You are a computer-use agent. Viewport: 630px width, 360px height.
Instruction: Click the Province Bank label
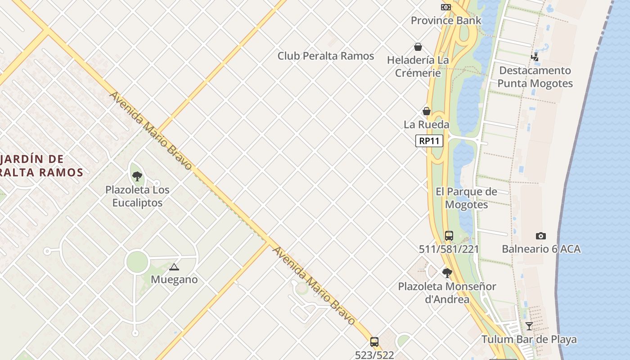click(x=446, y=20)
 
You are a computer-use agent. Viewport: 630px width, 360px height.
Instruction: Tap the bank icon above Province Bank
click(x=445, y=7)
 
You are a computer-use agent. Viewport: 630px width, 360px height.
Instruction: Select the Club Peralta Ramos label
click(x=325, y=56)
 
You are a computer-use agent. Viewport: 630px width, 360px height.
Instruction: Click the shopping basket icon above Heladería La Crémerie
click(x=418, y=47)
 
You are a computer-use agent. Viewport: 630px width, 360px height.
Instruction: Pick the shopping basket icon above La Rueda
click(x=426, y=111)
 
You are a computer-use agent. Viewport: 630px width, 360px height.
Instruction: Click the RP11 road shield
click(x=429, y=141)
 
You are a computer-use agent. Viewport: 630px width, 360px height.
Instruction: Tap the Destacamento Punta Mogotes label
click(x=535, y=77)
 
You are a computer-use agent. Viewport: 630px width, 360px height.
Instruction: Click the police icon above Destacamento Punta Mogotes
click(x=535, y=57)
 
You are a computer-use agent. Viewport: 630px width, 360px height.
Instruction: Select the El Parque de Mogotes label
click(x=466, y=198)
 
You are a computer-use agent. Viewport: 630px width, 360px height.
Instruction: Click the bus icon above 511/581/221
click(x=449, y=235)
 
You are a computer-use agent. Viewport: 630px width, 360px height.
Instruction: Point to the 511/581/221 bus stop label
click(x=449, y=249)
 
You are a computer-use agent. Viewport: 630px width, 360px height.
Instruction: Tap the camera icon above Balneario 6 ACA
click(x=541, y=236)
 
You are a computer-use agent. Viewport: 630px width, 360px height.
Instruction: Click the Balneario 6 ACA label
click(x=541, y=249)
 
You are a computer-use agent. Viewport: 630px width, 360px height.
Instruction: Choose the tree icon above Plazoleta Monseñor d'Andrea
click(x=447, y=273)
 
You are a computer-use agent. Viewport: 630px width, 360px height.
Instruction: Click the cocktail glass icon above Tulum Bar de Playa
click(x=529, y=326)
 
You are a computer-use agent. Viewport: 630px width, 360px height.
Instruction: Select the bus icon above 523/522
click(x=374, y=342)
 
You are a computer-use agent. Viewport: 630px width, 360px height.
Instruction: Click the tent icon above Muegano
click(x=174, y=267)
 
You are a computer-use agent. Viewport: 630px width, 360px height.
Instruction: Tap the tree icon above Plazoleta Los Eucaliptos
click(x=137, y=176)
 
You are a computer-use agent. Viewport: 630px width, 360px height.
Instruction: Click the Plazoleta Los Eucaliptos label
click(x=137, y=196)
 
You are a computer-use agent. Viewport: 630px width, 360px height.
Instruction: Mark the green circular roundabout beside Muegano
click(x=137, y=262)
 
